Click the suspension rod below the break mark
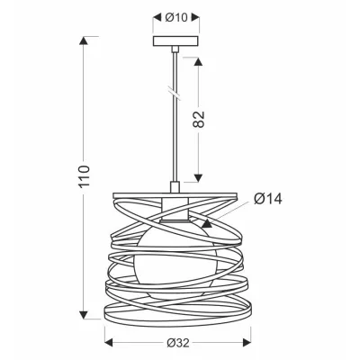(171, 144)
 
